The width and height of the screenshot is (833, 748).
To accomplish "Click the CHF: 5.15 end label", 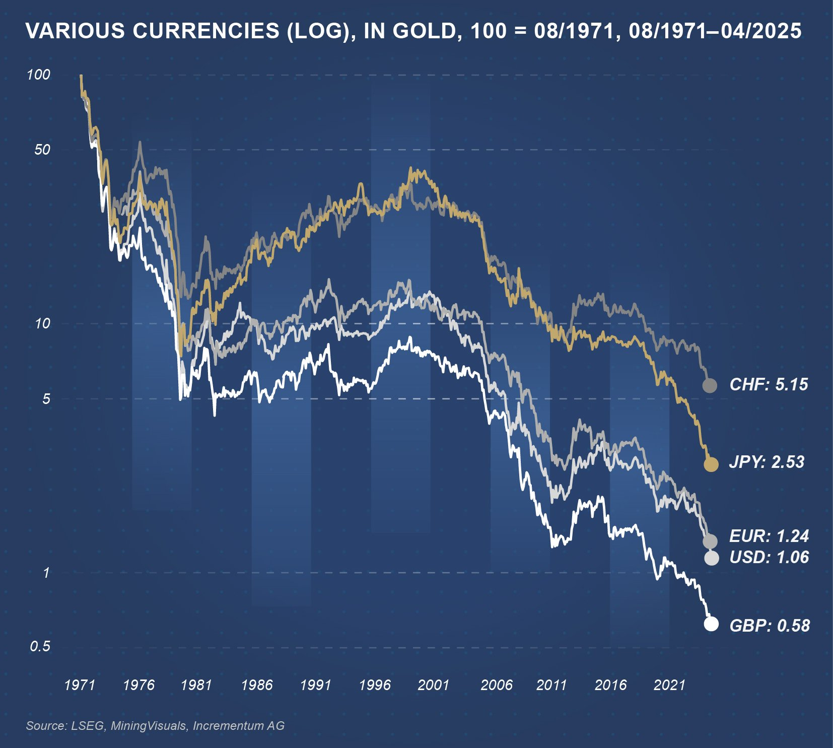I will click(x=769, y=385).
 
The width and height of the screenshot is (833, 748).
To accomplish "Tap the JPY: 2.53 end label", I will click(x=767, y=462).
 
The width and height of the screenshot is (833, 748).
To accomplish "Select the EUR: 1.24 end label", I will click(x=769, y=536).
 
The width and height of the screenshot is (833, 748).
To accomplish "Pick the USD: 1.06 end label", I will click(x=769, y=557).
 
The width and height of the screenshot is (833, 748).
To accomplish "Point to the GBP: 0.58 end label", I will click(x=770, y=626).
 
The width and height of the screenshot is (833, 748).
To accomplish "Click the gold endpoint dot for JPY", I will click(x=711, y=464).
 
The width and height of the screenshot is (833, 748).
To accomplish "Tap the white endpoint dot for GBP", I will click(x=711, y=624).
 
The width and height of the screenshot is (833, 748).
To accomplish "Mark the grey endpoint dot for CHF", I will click(x=710, y=386).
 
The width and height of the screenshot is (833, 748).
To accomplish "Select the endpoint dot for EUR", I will click(x=710, y=541).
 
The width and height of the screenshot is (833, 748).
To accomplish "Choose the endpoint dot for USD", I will click(x=711, y=558).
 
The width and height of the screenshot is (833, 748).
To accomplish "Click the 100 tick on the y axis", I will click(x=39, y=75).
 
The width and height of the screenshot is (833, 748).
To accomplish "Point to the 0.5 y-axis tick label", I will click(x=40, y=646).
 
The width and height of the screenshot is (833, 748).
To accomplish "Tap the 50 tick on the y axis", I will click(x=42, y=150).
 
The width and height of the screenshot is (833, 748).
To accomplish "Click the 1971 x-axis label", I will click(x=80, y=685).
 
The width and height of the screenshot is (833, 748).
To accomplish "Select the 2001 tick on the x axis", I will click(x=433, y=685).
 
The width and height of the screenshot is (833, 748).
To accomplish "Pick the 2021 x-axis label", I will click(x=669, y=685).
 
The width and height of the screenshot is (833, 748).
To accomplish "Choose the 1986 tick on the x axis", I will click(x=256, y=685).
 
